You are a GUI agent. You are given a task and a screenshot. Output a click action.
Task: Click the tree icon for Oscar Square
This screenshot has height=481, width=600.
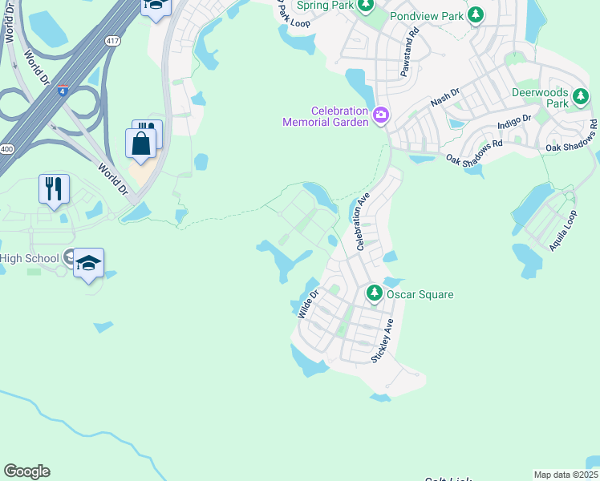tap(375, 293)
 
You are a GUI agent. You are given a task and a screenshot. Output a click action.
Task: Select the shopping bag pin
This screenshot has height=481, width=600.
tap(141, 144)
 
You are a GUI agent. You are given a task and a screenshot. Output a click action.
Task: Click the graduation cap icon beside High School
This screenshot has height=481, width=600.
tap(89, 262)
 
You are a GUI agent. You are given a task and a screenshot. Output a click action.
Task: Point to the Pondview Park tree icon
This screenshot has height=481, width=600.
tap(476, 15)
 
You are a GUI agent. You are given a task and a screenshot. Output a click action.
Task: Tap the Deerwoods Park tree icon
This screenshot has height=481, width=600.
tap(582, 99)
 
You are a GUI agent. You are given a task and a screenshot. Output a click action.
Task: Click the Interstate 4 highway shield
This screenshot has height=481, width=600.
tap(62, 90)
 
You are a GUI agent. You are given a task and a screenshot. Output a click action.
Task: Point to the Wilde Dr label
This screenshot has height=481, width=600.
tap(308, 305)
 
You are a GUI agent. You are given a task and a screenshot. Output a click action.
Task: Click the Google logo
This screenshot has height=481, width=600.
tap(26, 471)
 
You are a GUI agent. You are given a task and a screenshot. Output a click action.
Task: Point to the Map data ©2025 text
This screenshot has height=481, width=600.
tap(566, 475)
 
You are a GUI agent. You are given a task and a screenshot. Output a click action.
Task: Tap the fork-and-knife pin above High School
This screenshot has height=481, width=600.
tap(54, 189)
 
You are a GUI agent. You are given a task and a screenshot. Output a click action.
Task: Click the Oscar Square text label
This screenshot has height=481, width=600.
tap(420, 294)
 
